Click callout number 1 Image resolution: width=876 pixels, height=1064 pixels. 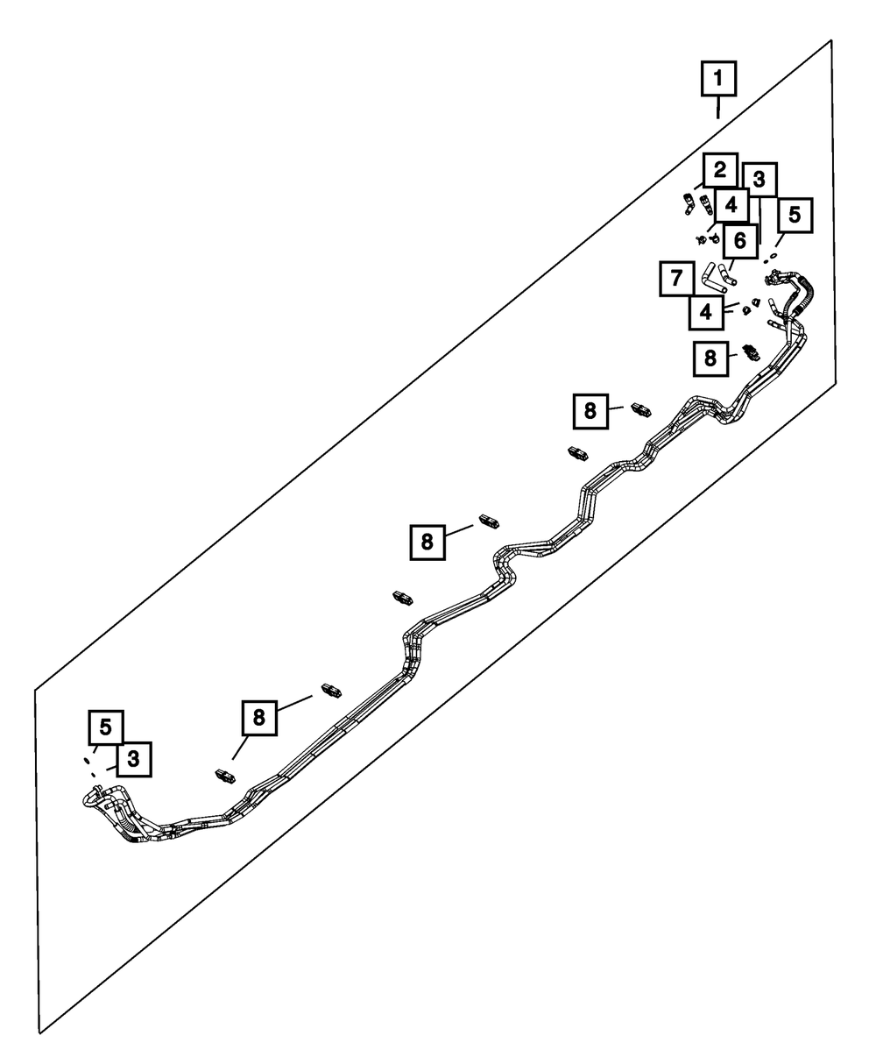pos(717,80)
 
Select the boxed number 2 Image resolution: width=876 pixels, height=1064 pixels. pos(719,169)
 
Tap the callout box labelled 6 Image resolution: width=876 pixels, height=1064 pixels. pos(739,238)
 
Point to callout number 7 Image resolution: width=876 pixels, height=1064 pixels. pos(675,280)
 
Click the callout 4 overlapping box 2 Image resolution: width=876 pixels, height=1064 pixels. pos(731,206)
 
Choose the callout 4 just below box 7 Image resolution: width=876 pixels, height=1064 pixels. pos(705,310)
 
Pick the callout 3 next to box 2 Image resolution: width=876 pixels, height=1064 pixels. pos(759,180)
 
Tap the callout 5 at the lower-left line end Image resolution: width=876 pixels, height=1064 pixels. pos(105,727)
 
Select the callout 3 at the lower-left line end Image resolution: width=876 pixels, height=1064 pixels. pos(132,759)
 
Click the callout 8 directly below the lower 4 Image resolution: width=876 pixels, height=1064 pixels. pos(710,357)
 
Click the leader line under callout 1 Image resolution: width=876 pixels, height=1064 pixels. pos(717,109)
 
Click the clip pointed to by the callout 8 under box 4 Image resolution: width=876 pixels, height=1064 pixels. pos(750,352)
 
